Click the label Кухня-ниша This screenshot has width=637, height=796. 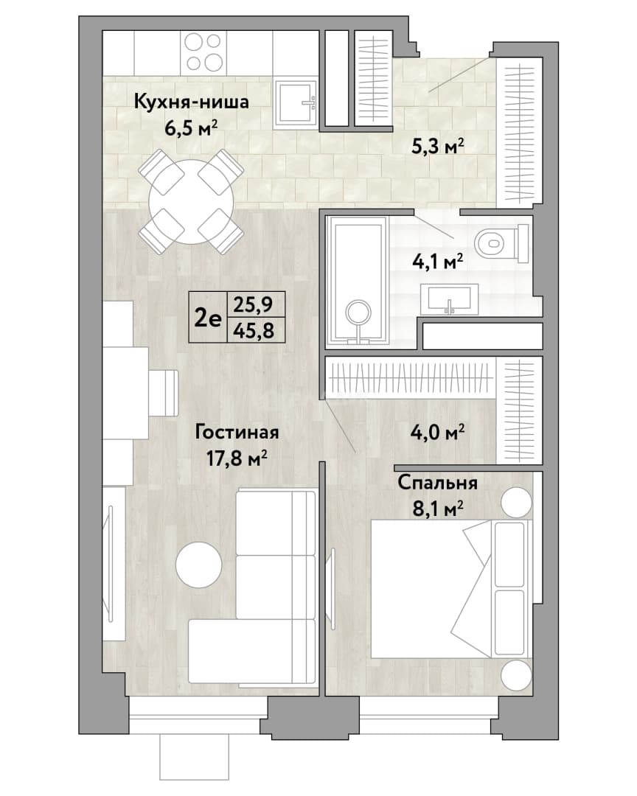click(191, 102)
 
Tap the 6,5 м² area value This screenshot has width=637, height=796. click(191, 128)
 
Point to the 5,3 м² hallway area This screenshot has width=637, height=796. click(437, 147)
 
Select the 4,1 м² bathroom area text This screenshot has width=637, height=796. click(437, 262)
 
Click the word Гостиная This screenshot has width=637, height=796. click(237, 433)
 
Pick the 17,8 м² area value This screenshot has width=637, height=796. click(237, 458)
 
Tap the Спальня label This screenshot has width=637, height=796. click(437, 482)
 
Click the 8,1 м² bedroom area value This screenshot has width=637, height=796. click(438, 508)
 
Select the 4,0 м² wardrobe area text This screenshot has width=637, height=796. click(438, 433)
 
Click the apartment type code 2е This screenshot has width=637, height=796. click(208, 318)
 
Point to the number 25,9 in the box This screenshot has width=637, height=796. click(254, 304)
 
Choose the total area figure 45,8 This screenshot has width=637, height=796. click(254, 330)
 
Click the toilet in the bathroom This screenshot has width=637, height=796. click(501, 243)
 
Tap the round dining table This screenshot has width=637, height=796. click(192, 201)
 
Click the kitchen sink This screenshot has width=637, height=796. click(296, 104)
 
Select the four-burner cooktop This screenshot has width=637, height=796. click(203, 52)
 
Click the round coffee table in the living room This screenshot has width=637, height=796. click(198, 565)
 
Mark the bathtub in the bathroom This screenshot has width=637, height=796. click(358, 281)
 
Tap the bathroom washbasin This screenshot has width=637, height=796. click(450, 299)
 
